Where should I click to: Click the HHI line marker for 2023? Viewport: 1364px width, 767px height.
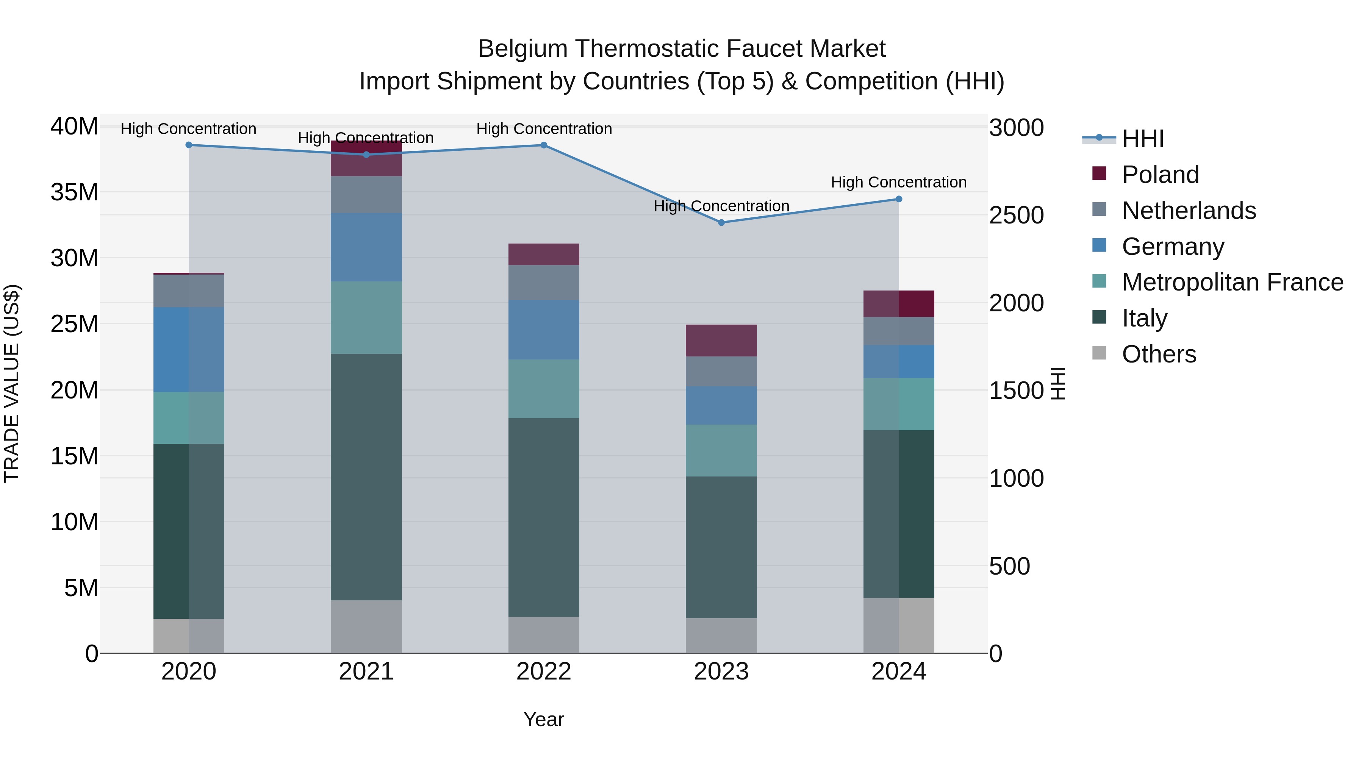coord(721,223)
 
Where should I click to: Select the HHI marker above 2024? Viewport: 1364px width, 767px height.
coord(899,199)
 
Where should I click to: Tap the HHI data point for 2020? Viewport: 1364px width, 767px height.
coord(189,145)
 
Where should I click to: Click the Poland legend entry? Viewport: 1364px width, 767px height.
coord(1160,175)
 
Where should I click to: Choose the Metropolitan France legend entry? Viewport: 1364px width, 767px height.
coord(1232,282)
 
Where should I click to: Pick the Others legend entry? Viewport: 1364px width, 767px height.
coord(1159,354)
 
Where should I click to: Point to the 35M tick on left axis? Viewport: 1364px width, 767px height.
coord(74,192)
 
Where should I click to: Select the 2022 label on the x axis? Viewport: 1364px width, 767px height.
coord(543,672)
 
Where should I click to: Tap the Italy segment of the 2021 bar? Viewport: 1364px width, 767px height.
coord(366,476)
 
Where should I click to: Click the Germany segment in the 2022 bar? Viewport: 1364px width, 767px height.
coord(544,330)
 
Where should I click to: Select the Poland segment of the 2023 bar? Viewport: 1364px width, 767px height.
coord(721,341)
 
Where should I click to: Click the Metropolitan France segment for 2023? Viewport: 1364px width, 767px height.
coord(721,450)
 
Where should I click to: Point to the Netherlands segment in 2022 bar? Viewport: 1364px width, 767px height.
coord(544,283)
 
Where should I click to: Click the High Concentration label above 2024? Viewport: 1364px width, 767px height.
coord(899,182)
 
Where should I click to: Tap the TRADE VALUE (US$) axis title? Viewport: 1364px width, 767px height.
coord(12,383)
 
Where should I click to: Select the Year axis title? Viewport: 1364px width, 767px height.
coord(543,719)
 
